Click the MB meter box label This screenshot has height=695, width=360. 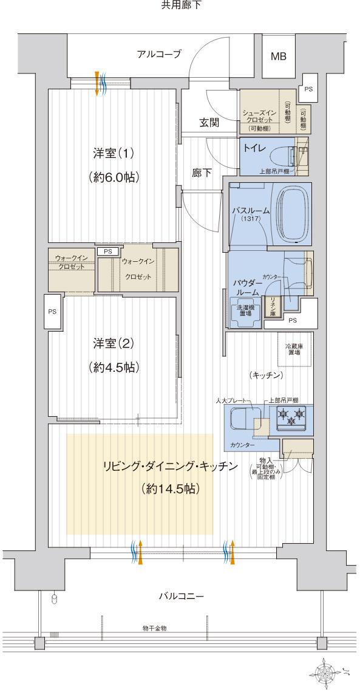[279, 56]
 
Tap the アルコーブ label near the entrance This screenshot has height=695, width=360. [159, 54]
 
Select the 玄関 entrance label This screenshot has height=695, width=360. [209, 122]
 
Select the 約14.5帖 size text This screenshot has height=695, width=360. [169, 488]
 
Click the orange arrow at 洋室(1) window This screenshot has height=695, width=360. [97, 83]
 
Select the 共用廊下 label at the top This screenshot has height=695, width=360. [180, 5]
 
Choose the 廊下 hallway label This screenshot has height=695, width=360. [202, 173]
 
